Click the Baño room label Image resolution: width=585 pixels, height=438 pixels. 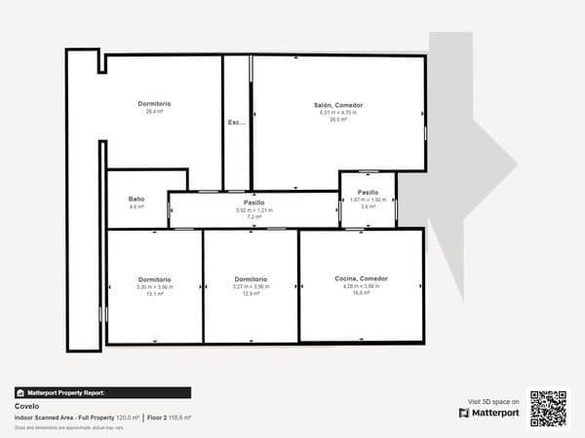pyautogui.click(x=136, y=200)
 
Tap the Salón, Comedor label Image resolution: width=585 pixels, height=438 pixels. pyautogui.click(x=338, y=105)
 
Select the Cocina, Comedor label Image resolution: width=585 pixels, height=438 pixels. pyautogui.click(x=361, y=278)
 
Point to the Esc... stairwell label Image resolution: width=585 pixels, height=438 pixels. pyautogui.click(x=236, y=123)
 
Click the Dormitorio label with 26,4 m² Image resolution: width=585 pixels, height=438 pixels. pyautogui.click(x=154, y=104)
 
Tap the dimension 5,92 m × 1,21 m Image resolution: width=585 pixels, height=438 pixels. pyautogui.click(x=254, y=210)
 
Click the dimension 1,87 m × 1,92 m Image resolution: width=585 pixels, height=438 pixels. pyautogui.click(x=368, y=200)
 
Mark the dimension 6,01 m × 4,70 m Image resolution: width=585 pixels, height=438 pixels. pyautogui.click(x=338, y=112)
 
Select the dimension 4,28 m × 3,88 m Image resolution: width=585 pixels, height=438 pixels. pyautogui.click(x=361, y=285)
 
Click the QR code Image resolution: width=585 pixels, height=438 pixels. pyautogui.click(x=548, y=408)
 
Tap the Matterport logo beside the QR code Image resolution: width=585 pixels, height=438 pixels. pyautogui.click(x=489, y=413)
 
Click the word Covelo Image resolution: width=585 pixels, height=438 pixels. pyautogui.click(x=27, y=405)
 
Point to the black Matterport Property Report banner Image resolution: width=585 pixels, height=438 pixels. pyautogui.click(x=102, y=392)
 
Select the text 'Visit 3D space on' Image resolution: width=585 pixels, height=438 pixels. pyautogui.click(x=493, y=400)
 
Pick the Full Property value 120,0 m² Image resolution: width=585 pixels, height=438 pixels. pyautogui.click(x=129, y=417)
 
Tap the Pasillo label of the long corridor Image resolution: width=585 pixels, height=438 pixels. pyautogui.click(x=254, y=202)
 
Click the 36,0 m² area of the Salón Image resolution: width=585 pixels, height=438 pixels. pyautogui.click(x=338, y=119)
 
